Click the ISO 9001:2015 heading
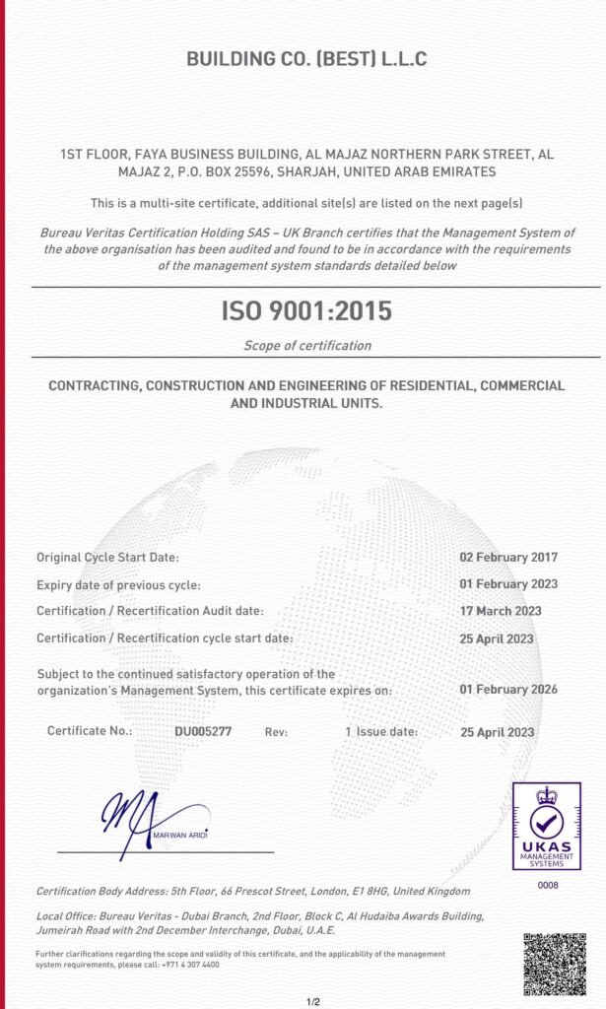click(305, 311)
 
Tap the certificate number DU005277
click(203, 732)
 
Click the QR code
click(554, 964)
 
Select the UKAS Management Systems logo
click(546, 826)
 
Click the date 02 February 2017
click(508, 558)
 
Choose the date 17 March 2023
click(500, 611)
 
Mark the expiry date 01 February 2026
click(508, 689)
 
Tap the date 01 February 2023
click(508, 584)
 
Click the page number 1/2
click(313, 1002)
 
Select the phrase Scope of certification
click(307, 345)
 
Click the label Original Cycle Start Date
click(107, 558)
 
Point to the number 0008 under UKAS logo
click(546, 886)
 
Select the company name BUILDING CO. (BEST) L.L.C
click(306, 59)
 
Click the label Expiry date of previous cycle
click(118, 584)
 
